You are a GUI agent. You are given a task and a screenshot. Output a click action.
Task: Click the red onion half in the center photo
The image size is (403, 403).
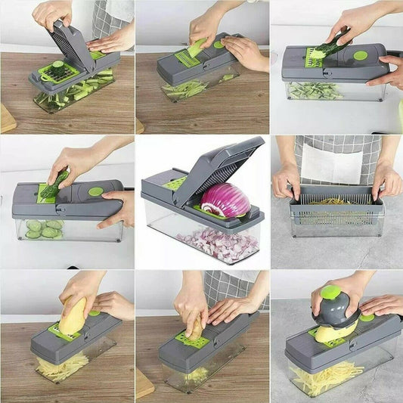point(225,200)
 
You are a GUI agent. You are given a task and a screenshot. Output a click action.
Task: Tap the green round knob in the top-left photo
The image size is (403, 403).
point(57,64)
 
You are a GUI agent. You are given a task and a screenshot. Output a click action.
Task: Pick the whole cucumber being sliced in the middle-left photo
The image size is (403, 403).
point(53,184)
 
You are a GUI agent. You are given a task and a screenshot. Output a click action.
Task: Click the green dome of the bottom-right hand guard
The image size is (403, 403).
point(330,293)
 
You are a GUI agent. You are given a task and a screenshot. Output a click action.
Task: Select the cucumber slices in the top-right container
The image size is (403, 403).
point(314,91)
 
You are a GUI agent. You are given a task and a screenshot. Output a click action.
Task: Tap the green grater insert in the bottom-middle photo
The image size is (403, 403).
point(193,340)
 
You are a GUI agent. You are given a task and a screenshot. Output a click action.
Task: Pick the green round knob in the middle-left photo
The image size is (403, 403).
point(96,191)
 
